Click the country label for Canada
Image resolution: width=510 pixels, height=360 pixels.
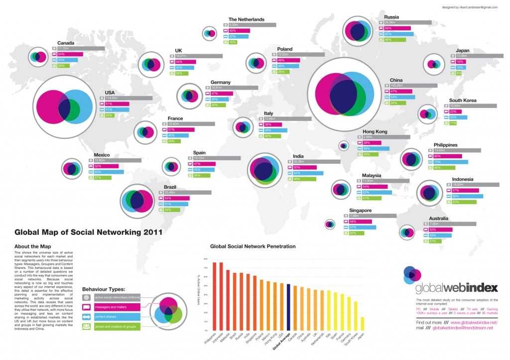[x=66, y=43]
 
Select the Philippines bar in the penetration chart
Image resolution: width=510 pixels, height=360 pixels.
[x=215, y=296]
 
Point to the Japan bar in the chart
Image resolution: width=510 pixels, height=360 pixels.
[x=362, y=324]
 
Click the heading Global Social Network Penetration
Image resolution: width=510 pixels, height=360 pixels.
[x=253, y=246]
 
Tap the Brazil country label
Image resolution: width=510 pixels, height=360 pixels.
[x=171, y=187]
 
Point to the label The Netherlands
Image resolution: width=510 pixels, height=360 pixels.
[x=246, y=20]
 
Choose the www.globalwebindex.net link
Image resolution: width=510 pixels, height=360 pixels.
[x=470, y=323]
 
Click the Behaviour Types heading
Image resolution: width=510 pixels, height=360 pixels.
[x=104, y=289]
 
